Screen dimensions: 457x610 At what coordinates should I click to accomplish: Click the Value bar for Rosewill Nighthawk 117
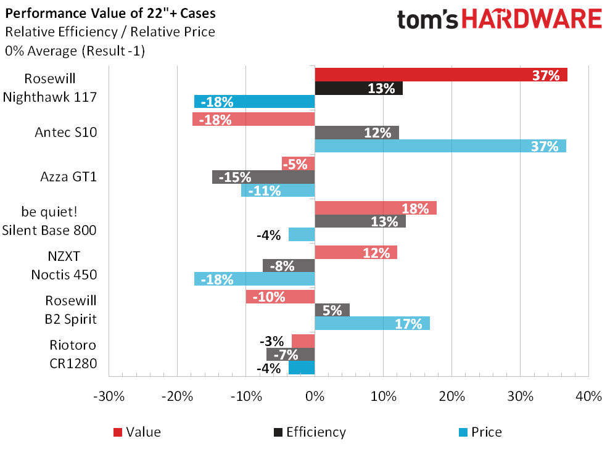pyautogui.click(x=440, y=75)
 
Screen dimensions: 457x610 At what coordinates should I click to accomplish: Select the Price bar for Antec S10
pyautogui.click(x=440, y=146)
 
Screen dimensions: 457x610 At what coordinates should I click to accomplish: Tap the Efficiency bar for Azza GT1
pyautogui.click(x=263, y=177)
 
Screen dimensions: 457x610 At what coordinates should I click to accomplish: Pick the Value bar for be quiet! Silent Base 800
pyautogui.click(x=375, y=208)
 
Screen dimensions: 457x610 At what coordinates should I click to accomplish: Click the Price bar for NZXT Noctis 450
pyautogui.click(x=254, y=279)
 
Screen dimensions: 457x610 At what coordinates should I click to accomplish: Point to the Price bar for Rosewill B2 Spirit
pyautogui.click(x=372, y=323)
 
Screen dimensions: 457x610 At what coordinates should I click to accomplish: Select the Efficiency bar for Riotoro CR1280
pyautogui.click(x=291, y=355)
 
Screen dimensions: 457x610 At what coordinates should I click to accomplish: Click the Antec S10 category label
pyautogui.click(x=67, y=132)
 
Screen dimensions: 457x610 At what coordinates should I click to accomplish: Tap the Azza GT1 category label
pyautogui.click(x=68, y=177)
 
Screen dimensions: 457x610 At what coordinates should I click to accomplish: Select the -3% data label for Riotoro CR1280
pyautogui.click(x=271, y=341)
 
